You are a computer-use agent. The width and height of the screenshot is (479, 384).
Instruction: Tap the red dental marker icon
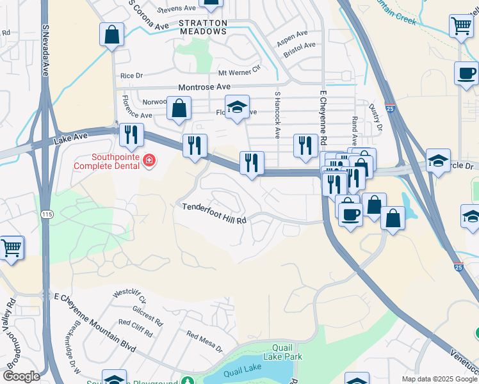[149, 160]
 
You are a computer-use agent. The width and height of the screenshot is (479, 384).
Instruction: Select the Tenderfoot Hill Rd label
[214, 212]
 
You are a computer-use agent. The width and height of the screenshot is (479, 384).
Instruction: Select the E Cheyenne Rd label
[323, 118]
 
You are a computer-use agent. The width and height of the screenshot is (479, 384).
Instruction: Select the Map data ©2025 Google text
[439, 379]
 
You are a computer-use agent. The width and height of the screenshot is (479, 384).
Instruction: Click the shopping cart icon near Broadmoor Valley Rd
[11, 247]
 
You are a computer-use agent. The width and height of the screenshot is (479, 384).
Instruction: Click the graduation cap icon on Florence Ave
[237, 107]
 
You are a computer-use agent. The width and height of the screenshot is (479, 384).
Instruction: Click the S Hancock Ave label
[277, 115]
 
